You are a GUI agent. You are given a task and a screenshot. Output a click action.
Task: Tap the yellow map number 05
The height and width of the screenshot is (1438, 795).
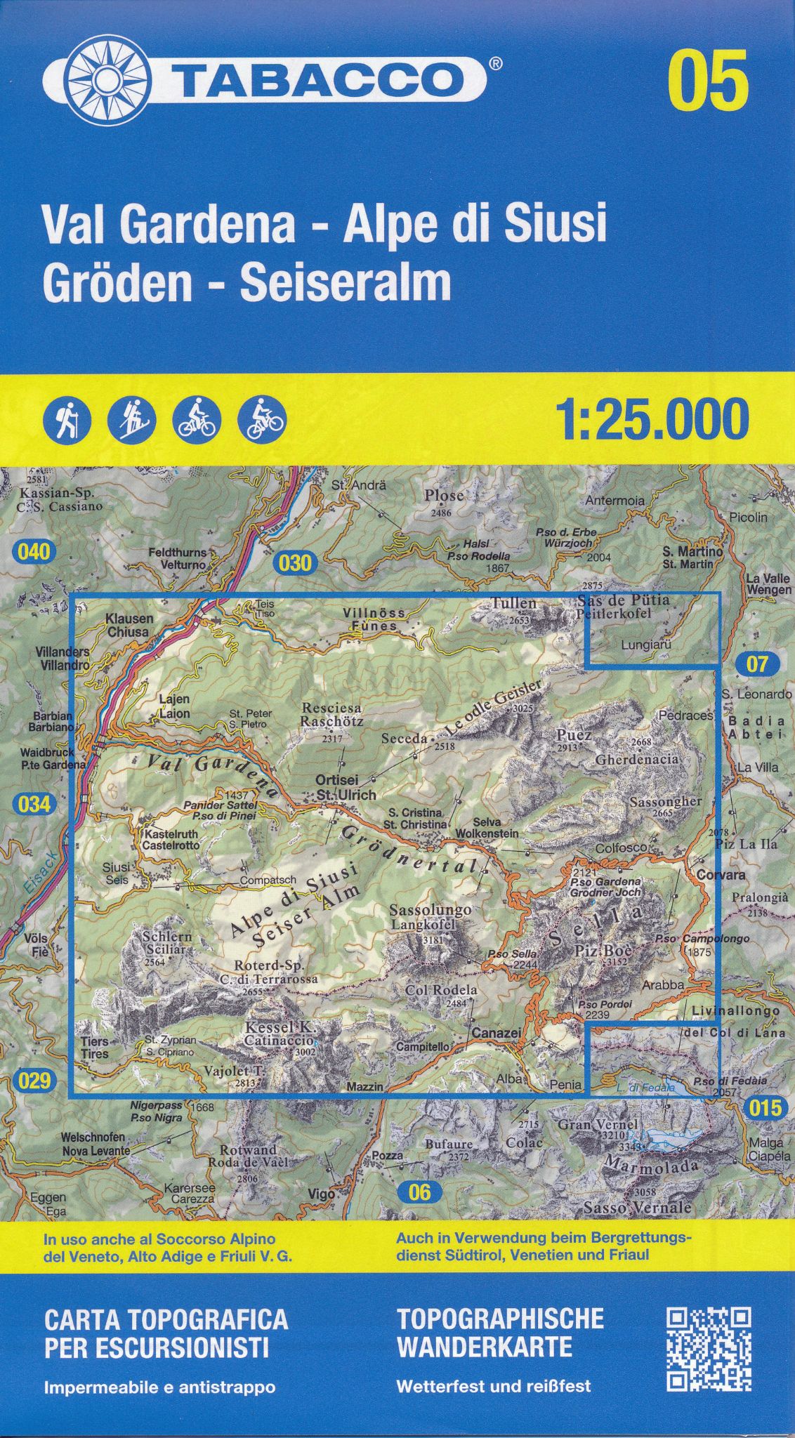coord(708,81)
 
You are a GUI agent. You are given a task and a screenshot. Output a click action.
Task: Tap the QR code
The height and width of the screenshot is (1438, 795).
coord(709,1339)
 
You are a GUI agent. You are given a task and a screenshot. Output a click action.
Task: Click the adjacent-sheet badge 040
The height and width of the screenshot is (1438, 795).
coord(34,552)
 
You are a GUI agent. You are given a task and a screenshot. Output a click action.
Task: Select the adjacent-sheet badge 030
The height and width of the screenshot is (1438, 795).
coord(295,562)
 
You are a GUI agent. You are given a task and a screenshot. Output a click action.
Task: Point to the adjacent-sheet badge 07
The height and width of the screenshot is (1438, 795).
coord(757,664)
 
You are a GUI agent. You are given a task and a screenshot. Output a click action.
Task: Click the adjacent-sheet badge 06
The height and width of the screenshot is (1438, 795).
coord(419,1192)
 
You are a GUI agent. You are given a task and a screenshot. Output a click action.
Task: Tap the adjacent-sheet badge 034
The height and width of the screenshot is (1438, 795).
coord(34,803)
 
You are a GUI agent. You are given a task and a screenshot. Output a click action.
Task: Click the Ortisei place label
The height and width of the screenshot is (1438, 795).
coord(337,780)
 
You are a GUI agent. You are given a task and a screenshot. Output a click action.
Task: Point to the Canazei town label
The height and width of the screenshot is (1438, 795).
coord(496,1034)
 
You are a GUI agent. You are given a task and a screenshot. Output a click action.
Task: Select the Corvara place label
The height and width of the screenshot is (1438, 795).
coord(721,876)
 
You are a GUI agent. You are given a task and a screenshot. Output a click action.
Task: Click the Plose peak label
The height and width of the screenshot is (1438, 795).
coord(444,495)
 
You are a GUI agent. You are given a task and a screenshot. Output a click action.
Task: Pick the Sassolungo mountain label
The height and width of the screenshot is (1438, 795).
coord(431,910)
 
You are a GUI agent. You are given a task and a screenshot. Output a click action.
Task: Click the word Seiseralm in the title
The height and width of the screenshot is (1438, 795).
coord(346,283)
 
